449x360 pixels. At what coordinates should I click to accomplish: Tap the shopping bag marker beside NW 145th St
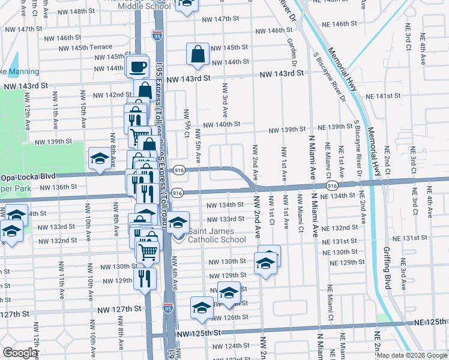197,55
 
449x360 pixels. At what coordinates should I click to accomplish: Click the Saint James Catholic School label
217,236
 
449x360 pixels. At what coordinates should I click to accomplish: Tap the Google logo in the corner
20,353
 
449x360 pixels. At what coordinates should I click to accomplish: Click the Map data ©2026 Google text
412,355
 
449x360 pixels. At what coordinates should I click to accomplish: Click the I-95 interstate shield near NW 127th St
169,308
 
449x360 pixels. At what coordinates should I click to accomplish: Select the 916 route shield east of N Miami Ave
332,187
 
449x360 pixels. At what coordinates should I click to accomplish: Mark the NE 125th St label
429,323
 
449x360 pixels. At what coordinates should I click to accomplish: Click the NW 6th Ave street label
174,273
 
